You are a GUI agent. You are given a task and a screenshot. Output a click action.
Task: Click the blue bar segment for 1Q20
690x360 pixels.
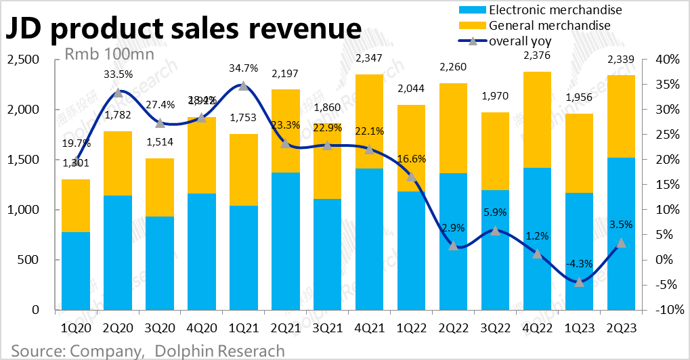(x=76, y=271)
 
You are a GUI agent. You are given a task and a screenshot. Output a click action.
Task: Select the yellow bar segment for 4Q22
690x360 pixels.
(x=537, y=119)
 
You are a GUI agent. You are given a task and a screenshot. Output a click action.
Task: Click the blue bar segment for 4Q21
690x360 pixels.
(x=369, y=239)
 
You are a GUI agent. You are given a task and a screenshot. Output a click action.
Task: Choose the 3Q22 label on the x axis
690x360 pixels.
(x=495, y=328)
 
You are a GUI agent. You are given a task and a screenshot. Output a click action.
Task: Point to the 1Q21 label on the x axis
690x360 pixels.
(x=243, y=328)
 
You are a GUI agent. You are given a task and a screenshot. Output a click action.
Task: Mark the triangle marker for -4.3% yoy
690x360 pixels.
(x=579, y=282)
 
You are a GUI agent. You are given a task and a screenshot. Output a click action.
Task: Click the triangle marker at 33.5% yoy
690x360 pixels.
(x=118, y=93)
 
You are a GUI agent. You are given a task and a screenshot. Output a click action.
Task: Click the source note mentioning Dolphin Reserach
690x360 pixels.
(x=148, y=351)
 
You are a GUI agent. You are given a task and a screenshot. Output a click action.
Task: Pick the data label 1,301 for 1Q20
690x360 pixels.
(x=76, y=162)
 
